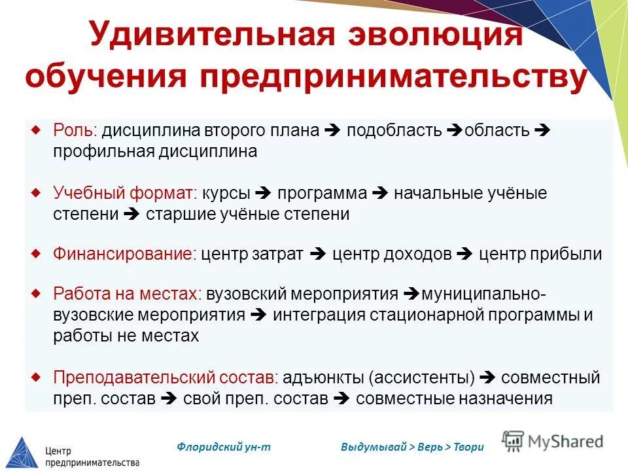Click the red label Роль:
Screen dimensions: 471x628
75,130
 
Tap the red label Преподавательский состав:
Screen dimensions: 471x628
166,377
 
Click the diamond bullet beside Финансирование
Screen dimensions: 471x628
37,252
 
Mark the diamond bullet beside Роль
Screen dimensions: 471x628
37,128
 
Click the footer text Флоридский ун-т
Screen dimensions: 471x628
224,447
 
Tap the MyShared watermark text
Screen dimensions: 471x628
563,442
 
